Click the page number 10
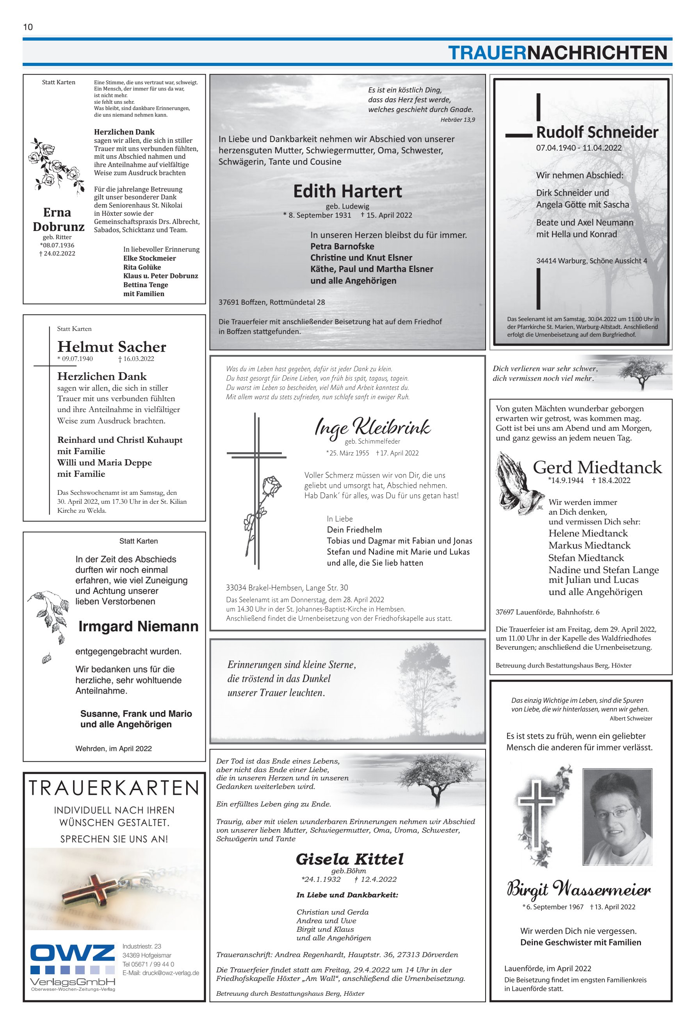(28, 27)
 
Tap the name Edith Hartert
(347, 192)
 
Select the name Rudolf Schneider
(597, 132)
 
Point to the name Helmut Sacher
(112, 346)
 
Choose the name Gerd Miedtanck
(597, 467)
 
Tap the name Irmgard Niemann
(138, 626)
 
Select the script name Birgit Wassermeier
(579, 889)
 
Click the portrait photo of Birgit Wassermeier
(617, 816)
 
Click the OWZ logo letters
(72, 954)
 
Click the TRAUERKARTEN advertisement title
(114, 788)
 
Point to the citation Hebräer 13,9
(457, 119)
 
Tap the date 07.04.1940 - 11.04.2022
(579, 148)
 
